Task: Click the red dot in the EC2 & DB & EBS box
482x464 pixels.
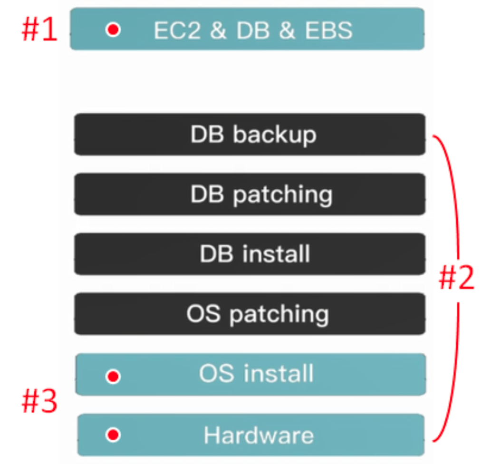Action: point(113,30)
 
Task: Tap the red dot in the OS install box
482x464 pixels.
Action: point(113,377)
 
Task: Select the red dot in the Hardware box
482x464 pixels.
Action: point(113,435)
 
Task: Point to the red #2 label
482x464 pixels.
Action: point(456,278)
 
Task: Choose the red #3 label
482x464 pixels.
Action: point(39,402)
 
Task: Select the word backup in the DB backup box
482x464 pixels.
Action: point(275,135)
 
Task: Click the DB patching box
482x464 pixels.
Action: point(250,194)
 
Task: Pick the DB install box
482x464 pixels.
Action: point(250,254)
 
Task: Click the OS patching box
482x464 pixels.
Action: point(250,314)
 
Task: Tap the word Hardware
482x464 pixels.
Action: point(259,435)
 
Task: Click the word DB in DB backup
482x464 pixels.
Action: point(207,135)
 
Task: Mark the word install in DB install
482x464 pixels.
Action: point(276,254)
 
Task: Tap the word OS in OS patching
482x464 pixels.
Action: point(203,314)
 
